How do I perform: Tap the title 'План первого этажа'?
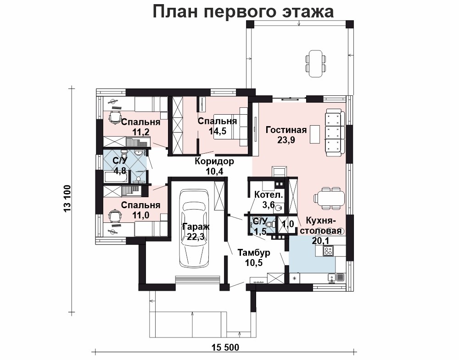click(243, 12)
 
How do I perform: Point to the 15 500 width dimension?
click(225, 348)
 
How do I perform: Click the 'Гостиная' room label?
click(286, 129)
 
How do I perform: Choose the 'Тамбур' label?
click(254, 252)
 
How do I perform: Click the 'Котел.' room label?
click(269, 194)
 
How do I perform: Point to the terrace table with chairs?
click(316, 63)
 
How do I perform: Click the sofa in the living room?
click(333, 131)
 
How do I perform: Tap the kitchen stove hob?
click(329, 251)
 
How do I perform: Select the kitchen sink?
click(332, 277)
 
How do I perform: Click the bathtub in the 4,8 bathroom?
click(115, 177)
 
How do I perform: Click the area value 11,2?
click(141, 132)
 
